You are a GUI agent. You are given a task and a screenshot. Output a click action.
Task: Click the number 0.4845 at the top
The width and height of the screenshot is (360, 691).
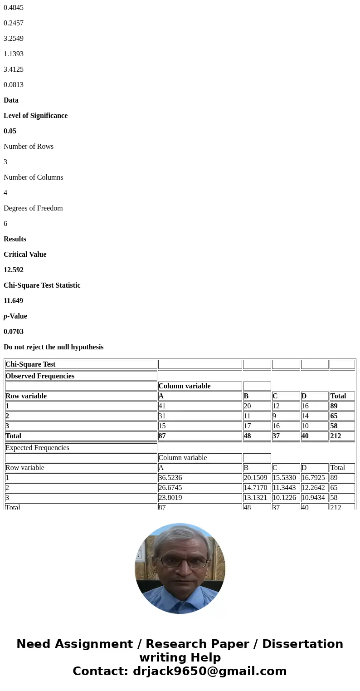pos(14,8)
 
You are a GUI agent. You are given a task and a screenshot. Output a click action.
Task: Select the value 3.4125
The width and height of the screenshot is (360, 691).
pos(14,69)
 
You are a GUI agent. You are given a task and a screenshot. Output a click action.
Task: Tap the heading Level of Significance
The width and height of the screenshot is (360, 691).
pos(35,116)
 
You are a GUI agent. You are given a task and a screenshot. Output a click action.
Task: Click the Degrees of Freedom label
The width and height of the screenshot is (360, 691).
pos(33,208)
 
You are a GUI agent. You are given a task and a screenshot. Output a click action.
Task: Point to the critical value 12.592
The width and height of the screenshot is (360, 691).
pos(14,270)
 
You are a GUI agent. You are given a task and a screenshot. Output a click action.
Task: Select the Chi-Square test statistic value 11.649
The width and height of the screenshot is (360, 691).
pos(14,301)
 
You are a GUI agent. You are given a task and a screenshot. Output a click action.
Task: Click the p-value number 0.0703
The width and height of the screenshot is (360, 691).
pos(14,332)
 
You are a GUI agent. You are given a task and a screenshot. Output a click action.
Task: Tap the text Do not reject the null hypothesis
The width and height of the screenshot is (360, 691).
pos(54,347)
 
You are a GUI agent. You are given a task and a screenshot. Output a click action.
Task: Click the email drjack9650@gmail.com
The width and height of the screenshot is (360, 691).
pos(209,671)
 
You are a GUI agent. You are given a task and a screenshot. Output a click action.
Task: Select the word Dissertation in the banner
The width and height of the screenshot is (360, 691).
pos(302,644)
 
